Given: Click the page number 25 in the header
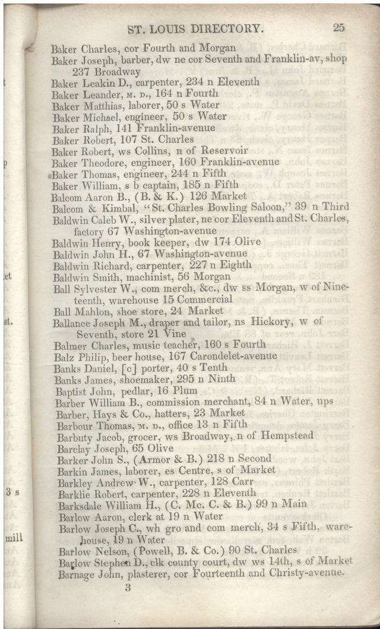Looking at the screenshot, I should [339, 27].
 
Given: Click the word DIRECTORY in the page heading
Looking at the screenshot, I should [223, 28].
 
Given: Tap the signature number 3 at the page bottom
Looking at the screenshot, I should [128, 588].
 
